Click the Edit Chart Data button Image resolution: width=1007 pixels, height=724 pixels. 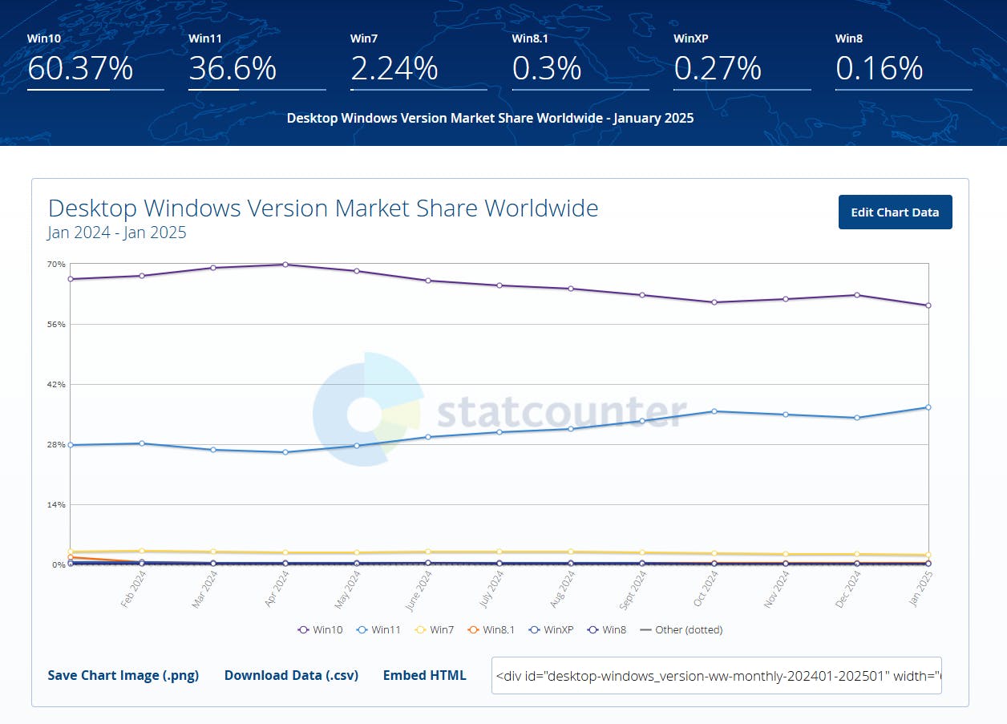pyautogui.click(x=895, y=212)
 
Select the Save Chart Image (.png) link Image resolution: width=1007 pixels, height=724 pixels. pyautogui.click(x=123, y=675)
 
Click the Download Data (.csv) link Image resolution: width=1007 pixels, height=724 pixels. pyautogui.click(x=291, y=675)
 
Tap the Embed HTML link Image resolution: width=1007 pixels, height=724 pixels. pyautogui.click(x=424, y=675)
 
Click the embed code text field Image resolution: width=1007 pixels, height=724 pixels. pyautogui.click(x=717, y=675)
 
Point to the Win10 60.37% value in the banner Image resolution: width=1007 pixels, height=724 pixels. pyautogui.click(x=80, y=68)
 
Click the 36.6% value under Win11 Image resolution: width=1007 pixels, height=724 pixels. pyautogui.click(x=233, y=68)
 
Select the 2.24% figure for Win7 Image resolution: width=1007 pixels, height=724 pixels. pyautogui.click(x=394, y=68)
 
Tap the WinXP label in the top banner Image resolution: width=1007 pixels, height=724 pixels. pyautogui.click(x=690, y=38)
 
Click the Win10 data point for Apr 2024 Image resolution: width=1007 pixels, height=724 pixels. pyautogui.click(x=285, y=265)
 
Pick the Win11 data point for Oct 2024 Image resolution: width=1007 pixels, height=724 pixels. pyautogui.click(x=714, y=411)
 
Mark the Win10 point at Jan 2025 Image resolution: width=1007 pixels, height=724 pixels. pyautogui.click(x=928, y=305)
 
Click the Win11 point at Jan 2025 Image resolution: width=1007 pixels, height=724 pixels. pyautogui.click(x=928, y=407)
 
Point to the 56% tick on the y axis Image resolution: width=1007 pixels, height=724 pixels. pyautogui.click(x=56, y=324)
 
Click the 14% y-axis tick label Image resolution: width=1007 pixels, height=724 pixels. pyautogui.click(x=56, y=504)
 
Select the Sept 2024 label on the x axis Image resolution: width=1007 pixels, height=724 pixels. pyautogui.click(x=633, y=590)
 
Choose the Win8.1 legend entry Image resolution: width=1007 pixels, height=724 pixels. pyautogui.click(x=491, y=629)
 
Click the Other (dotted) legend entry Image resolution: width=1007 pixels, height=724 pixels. pyautogui.click(x=681, y=629)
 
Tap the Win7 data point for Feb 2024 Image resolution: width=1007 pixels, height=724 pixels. pyautogui.click(x=142, y=551)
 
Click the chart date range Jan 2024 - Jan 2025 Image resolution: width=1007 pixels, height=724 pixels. pyautogui.click(x=117, y=233)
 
